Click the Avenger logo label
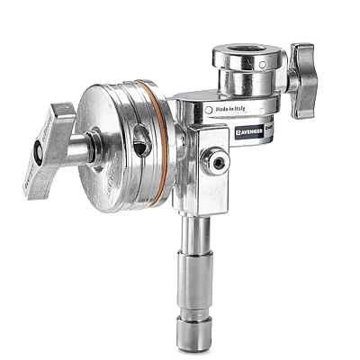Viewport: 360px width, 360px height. [253, 131]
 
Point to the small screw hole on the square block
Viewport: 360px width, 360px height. [218, 163]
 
